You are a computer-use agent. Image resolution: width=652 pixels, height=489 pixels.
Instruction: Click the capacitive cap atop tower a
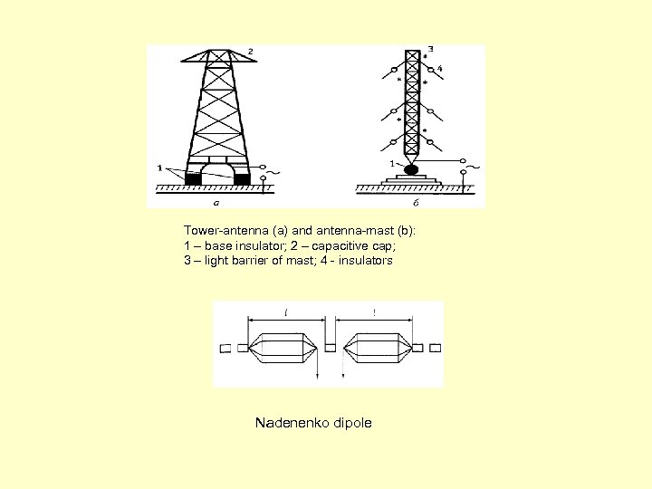coord(217,57)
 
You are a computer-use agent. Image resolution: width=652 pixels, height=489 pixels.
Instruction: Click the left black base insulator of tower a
coord(193,178)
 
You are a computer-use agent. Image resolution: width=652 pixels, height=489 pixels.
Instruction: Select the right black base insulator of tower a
coord(241,178)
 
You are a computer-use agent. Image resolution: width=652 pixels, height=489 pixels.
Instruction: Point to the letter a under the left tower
coord(216,202)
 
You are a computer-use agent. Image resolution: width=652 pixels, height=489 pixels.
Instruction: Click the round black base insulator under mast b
coord(412,168)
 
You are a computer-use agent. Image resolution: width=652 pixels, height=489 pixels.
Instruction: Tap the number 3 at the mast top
coord(430,48)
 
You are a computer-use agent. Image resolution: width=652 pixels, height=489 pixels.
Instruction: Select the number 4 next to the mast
coord(439,69)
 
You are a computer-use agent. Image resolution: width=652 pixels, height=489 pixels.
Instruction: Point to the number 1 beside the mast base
coord(391,164)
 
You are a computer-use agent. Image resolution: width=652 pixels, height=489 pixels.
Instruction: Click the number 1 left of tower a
coord(159,168)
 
